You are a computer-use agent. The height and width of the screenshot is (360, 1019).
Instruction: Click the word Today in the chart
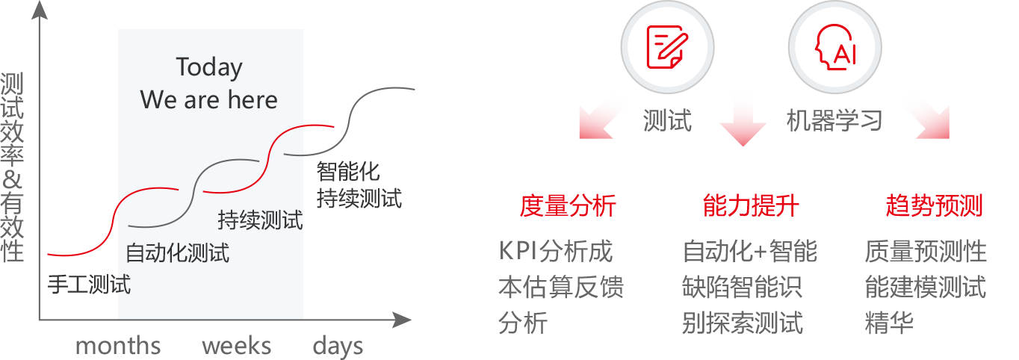click(209, 68)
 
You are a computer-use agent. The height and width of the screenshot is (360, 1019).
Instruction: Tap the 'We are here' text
click(209, 99)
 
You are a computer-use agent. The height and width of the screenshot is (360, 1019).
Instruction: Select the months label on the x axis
click(118, 346)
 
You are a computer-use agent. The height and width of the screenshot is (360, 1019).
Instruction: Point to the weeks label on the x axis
click(236, 346)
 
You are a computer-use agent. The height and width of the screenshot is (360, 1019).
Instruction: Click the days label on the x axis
click(338, 347)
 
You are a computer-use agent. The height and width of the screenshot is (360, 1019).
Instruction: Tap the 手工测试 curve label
click(89, 285)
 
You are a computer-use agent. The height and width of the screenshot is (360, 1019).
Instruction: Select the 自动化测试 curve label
click(177, 252)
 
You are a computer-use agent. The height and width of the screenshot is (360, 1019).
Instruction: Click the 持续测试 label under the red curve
click(260, 220)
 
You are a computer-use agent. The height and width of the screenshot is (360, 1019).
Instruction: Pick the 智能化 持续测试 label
click(359, 185)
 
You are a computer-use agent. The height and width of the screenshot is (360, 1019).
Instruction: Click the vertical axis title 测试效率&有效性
click(13, 167)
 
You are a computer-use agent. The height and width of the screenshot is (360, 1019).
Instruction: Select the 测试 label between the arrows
click(667, 120)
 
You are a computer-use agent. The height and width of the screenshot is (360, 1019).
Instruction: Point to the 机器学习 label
click(834, 120)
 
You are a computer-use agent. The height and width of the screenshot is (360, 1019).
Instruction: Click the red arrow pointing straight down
click(743, 119)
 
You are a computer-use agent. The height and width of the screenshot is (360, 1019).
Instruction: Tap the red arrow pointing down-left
click(604, 116)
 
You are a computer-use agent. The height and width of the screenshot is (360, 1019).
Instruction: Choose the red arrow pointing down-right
click(925, 116)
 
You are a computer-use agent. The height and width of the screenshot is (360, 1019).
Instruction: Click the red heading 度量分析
click(568, 205)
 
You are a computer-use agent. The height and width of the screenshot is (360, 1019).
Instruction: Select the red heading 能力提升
click(751, 205)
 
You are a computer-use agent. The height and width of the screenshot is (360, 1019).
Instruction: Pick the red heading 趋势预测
click(934, 205)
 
